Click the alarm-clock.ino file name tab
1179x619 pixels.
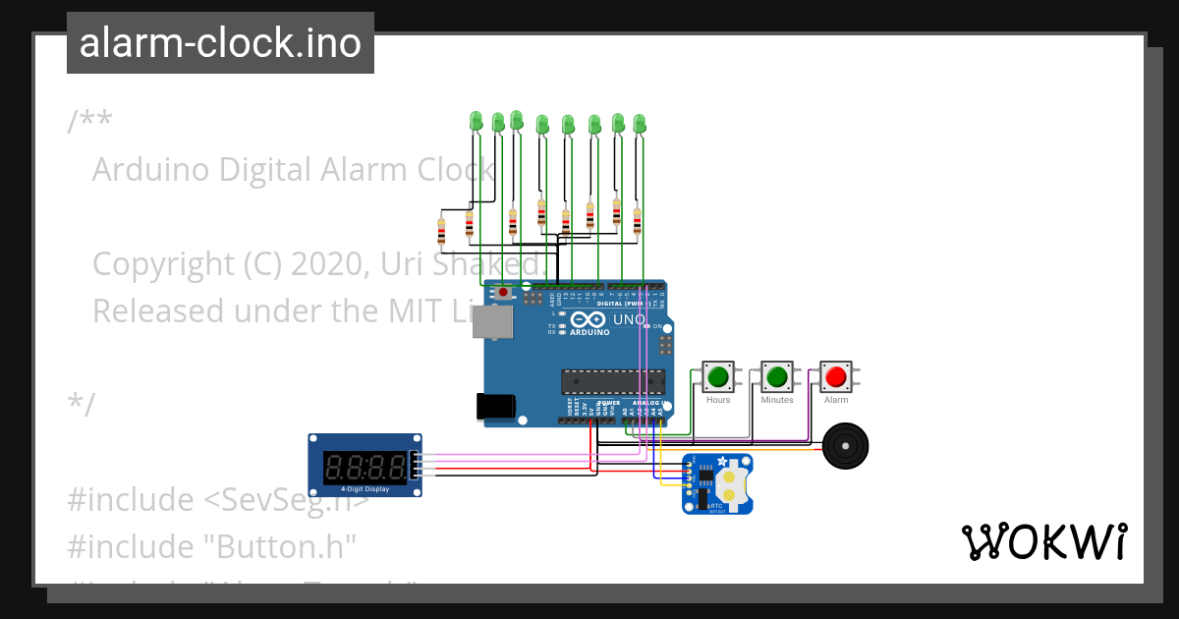pos(220,43)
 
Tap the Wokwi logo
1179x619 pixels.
pos(1042,541)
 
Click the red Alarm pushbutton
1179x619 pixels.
pos(836,376)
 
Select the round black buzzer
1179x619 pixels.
pos(845,447)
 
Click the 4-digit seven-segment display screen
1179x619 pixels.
pos(365,465)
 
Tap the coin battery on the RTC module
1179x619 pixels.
pos(731,482)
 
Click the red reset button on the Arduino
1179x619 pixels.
pos(504,292)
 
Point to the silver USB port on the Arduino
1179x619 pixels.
pos(487,320)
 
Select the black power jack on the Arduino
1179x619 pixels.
pos(494,408)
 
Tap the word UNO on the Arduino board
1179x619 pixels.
pos(629,319)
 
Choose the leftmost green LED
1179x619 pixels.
pos(477,121)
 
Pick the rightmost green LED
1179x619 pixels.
pos(640,124)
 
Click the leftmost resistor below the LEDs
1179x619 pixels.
pos(440,232)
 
